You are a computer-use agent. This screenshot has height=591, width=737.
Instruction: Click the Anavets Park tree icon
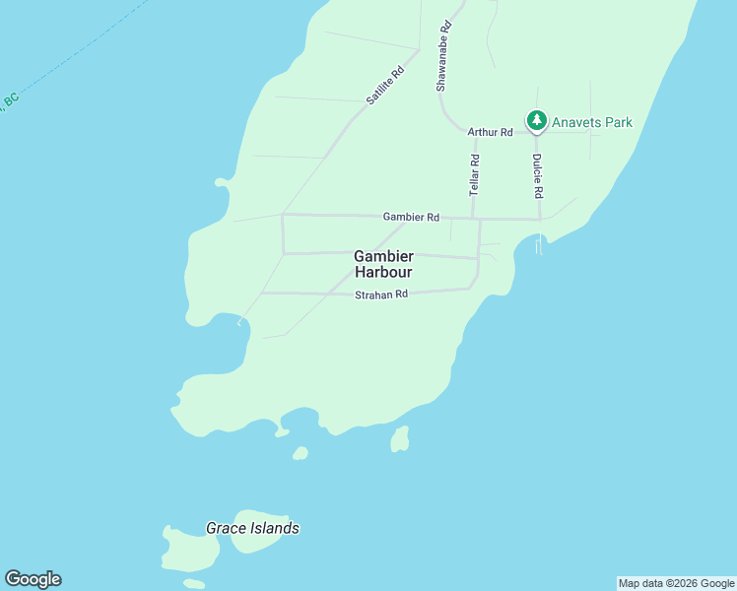[x=536, y=121]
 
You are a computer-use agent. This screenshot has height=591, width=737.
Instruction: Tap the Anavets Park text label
[x=591, y=123]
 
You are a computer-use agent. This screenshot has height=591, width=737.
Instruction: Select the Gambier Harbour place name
[x=383, y=264]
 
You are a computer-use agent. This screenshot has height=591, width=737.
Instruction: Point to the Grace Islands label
[x=252, y=529]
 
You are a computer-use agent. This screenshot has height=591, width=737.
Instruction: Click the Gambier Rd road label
[x=411, y=217]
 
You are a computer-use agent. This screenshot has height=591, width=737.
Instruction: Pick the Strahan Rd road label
[x=381, y=295]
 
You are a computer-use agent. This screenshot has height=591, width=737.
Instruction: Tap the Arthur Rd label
[x=490, y=132]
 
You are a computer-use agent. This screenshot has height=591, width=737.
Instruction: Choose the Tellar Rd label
[x=475, y=172]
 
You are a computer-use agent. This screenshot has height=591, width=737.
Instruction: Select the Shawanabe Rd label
[x=444, y=56]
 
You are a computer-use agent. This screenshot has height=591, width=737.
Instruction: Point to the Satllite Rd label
[x=385, y=86]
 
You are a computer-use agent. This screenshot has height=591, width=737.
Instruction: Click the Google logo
[x=33, y=579]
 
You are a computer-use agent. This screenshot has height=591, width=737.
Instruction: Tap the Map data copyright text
[x=676, y=583]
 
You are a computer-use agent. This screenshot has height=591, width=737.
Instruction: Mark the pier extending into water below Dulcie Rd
[x=539, y=245]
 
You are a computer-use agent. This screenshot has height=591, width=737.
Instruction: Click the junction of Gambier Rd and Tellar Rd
[x=474, y=219]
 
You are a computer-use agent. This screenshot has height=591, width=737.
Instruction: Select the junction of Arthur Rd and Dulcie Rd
[x=537, y=132]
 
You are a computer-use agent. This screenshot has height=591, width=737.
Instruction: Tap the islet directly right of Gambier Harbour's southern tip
[x=399, y=439]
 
